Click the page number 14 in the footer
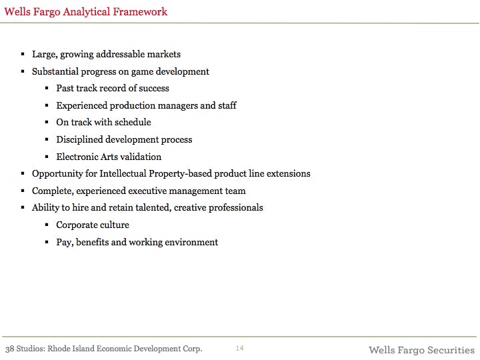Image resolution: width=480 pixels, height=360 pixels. pyautogui.click(x=240, y=349)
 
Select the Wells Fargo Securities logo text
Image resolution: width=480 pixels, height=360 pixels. pyautogui.click(x=421, y=350)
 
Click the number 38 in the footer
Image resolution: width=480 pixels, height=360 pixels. pyautogui.click(x=11, y=349)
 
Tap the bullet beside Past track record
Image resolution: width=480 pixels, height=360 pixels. pyautogui.click(x=47, y=89)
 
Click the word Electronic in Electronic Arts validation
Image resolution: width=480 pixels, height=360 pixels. pyautogui.click(x=77, y=157)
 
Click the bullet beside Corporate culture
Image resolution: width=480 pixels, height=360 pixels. pyautogui.click(x=47, y=225)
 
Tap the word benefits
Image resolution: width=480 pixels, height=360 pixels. pyautogui.click(x=92, y=243)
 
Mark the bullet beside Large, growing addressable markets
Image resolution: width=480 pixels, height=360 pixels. pyautogui.click(x=23, y=55)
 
